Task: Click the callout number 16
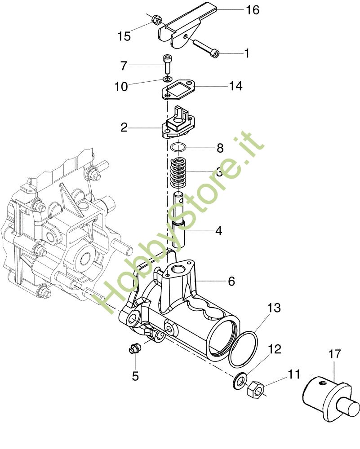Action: coord(253,10)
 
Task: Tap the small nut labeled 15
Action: coord(156,19)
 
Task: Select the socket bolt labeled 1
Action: coord(206,48)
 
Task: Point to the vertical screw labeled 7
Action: coord(167,64)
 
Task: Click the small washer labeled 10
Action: coord(167,79)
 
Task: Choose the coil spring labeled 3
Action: coord(178,172)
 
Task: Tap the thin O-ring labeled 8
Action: coord(178,148)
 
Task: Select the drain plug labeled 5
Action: coord(134,348)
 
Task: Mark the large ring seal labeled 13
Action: coord(243,349)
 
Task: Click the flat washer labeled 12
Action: coord(240,381)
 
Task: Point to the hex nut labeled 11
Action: coord(255,390)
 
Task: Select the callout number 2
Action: coord(124,128)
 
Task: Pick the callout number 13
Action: coord(274,308)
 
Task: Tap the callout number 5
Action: coord(135,376)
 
